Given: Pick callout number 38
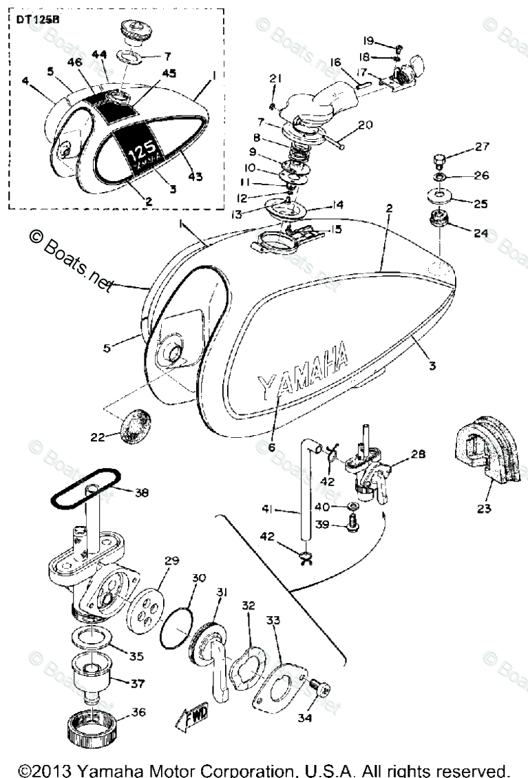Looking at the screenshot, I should tap(140, 492).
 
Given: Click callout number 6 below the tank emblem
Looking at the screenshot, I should tap(271, 447).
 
